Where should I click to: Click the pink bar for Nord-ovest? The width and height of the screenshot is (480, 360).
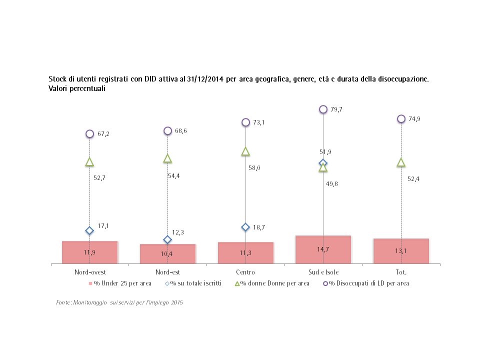(x=89, y=252)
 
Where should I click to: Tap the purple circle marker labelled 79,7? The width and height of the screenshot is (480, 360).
(x=323, y=109)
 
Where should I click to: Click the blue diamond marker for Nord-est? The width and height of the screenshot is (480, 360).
(x=167, y=239)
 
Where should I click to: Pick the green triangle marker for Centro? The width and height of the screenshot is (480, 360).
(x=245, y=151)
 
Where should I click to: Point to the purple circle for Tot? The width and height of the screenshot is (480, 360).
(x=401, y=119)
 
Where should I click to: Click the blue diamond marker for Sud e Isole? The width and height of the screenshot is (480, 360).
(x=323, y=163)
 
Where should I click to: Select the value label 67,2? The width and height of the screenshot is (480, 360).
(x=103, y=134)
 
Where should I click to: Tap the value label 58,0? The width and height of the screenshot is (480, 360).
(x=254, y=168)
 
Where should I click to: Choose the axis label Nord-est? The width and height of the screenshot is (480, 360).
(x=167, y=272)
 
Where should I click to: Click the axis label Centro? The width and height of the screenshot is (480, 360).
(x=245, y=272)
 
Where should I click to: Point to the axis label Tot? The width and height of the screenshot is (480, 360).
(x=401, y=272)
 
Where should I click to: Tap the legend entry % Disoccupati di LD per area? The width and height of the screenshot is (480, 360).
(x=369, y=283)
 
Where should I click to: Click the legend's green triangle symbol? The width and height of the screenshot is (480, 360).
(x=237, y=283)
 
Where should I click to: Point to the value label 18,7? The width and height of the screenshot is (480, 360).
(x=259, y=227)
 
